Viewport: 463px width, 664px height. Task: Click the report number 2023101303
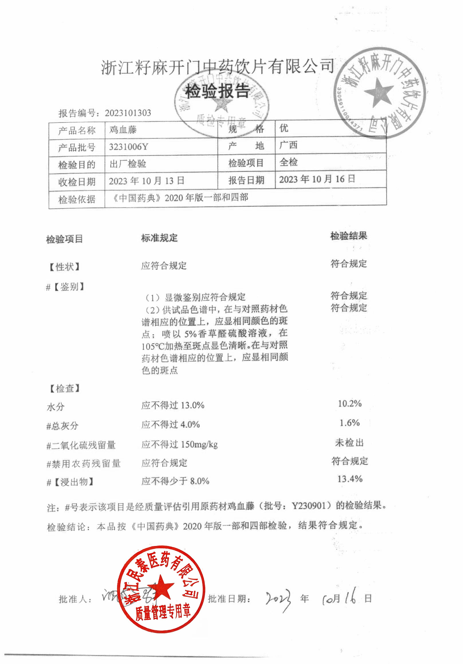pyautogui.click(x=128, y=113)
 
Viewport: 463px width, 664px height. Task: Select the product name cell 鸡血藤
pyautogui.click(x=123, y=130)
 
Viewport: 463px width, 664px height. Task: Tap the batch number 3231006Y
pyautogui.click(x=128, y=147)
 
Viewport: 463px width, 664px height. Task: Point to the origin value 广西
pyautogui.click(x=288, y=145)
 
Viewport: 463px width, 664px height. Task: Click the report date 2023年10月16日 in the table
pyautogui.click(x=317, y=179)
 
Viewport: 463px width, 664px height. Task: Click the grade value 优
pyautogui.click(x=284, y=128)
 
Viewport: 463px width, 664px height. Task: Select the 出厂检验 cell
pyautogui.click(x=128, y=164)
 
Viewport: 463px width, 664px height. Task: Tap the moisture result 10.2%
pyautogui.click(x=350, y=404)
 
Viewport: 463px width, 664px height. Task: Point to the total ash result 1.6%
pyautogui.click(x=349, y=423)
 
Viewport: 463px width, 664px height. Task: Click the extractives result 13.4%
pyautogui.click(x=350, y=479)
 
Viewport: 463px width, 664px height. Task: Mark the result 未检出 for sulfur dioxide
pyautogui.click(x=349, y=442)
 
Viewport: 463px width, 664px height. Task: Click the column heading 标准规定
pyautogui.click(x=159, y=238)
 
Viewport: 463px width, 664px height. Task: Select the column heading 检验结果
pyautogui.click(x=349, y=236)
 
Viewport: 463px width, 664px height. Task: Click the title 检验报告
pyautogui.click(x=217, y=91)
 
